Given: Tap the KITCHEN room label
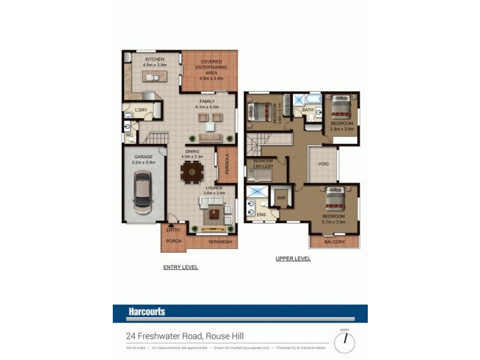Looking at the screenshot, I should click(155, 59).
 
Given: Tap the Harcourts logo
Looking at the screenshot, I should click(146, 312).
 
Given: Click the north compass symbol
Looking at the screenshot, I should click(344, 341).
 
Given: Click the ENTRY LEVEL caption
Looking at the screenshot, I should click(181, 267).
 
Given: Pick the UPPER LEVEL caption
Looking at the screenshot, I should click(293, 259).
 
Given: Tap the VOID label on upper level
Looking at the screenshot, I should click(323, 163).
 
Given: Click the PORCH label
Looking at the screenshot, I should click(173, 242).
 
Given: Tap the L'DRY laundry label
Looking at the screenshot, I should click(141, 110).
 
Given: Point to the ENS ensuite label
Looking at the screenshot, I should click(260, 214).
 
